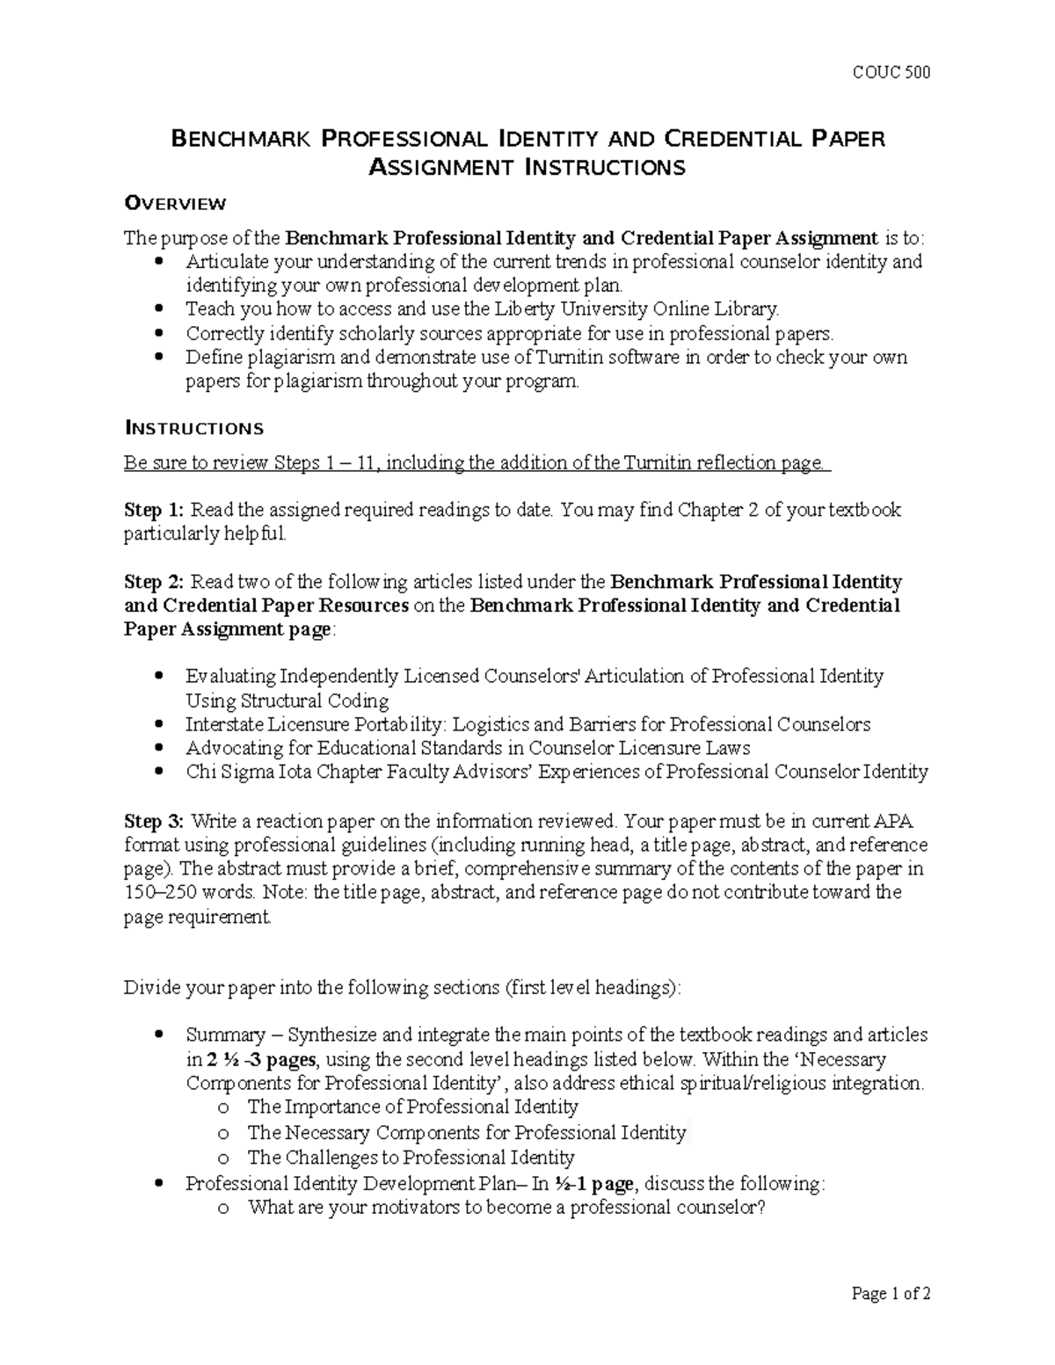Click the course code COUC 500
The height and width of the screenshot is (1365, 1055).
tap(891, 72)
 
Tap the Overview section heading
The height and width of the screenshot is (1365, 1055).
tap(175, 204)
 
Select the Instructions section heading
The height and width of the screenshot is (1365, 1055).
tap(193, 429)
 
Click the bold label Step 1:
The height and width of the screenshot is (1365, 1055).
tap(155, 511)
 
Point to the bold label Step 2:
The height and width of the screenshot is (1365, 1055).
tap(155, 582)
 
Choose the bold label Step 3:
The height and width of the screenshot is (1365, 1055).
tap(155, 822)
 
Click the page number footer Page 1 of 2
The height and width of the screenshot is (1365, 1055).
tap(891, 1294)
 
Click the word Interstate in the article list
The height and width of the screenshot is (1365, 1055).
tap(224, 725)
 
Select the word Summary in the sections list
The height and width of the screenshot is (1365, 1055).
tap(225, 1035)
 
